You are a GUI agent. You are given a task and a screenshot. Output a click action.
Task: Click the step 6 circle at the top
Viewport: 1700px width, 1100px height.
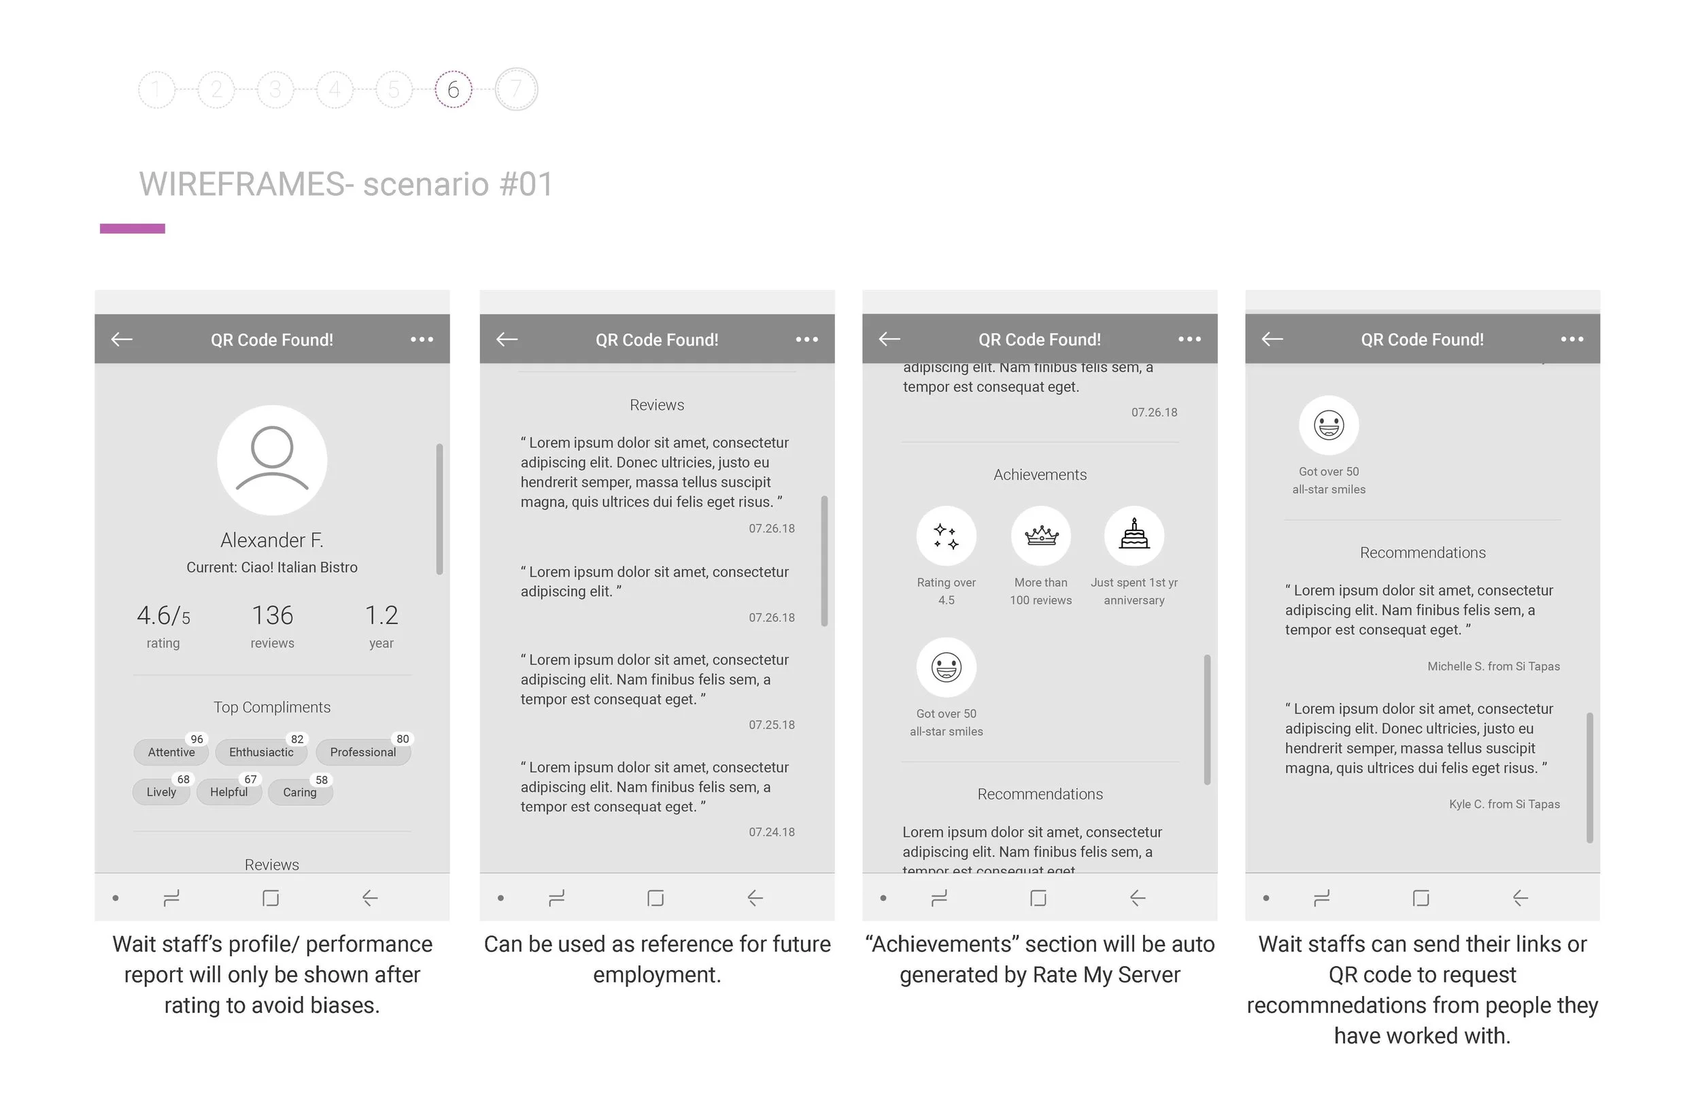click(x=453, y=89)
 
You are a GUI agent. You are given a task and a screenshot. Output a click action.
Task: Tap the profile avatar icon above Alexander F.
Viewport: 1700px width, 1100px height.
click(x=272, y=460)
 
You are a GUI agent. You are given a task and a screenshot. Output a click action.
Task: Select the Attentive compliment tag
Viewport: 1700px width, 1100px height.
click(x=171, y=752)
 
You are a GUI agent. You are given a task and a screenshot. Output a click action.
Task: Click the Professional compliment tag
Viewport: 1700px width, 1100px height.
click(x=363, y=752)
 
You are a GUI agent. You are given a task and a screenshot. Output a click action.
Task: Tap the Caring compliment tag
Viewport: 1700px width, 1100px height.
click(x=300, y=792)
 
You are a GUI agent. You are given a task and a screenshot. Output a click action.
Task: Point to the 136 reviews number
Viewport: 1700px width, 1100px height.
click(x=272, y=615)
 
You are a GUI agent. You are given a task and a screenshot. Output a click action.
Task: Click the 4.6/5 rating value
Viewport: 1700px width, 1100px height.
click(x=164, y=615)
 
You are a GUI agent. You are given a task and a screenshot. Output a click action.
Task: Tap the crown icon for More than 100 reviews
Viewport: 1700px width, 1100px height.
click(x=1040, y=535)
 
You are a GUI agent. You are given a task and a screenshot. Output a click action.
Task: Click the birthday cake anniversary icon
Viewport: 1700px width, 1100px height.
click(x=1134, y=535)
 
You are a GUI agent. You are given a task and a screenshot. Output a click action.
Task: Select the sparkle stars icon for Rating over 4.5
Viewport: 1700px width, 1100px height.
click(x=947, y=535)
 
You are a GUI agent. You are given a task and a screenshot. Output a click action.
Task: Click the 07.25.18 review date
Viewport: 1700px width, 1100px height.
click(x=771, y=725)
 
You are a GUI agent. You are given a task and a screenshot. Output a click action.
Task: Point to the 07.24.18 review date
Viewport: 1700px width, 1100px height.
click(x=771, y=832)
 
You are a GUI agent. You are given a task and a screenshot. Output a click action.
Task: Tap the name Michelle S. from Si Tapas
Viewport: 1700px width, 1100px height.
click(x=1493, y=666)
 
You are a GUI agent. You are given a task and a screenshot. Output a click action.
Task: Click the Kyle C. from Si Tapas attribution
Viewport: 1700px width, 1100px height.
click(x=1504, y=804)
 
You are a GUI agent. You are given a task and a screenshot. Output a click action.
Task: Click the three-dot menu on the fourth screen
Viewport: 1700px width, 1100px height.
click(x=1572, y=339)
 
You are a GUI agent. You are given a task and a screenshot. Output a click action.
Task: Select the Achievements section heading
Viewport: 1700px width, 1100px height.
click(x=1040, y=475)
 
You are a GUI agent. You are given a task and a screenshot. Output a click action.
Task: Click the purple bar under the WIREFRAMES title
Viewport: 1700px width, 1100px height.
click(x=132, y=228)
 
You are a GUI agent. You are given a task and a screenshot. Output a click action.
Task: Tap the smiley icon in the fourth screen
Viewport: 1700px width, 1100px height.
click(x=1329, y=425)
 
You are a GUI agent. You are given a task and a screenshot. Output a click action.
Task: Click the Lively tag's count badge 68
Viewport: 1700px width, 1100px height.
click(x=184, y=779)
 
